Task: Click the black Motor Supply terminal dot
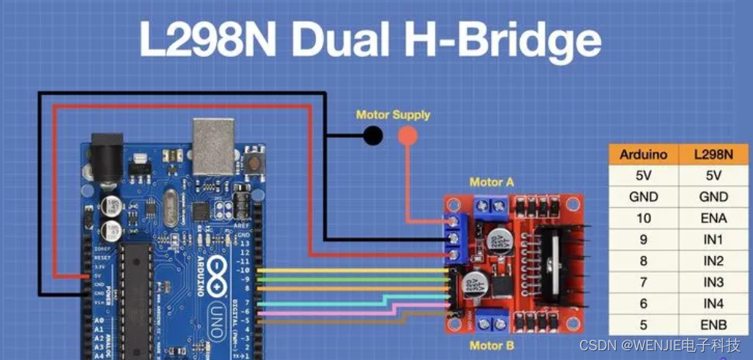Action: (x=372, y=135)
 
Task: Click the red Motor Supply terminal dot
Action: (x=407, y=135)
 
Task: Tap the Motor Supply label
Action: (x=393, y=115)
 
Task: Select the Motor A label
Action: (x=492, y=182)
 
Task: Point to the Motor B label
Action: (x=492, y=345)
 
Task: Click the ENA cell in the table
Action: (x=713, y=218)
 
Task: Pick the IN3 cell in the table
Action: (x=713, y=282)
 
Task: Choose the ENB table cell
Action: (x=713, y=325)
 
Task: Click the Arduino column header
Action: (x=644, y=155)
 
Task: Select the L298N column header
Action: (x=713, y=155)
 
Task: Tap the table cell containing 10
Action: (x=644, y=218)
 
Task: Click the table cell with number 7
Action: (x=644, y=282)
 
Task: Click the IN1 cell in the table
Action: (x=713, y=240)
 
